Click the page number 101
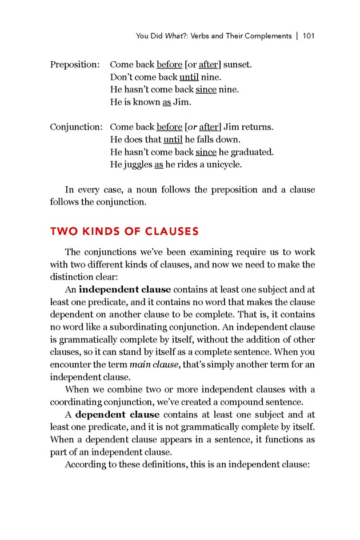pos(309,36)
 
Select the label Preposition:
pos(75,65)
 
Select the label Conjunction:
pos(76,127)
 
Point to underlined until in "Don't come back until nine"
pos(189,77)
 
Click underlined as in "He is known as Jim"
pos(166,102)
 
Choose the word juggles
pos(137,165)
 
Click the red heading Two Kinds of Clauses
pos(124,231)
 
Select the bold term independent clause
pos(125,289)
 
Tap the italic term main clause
pos(151,365)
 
